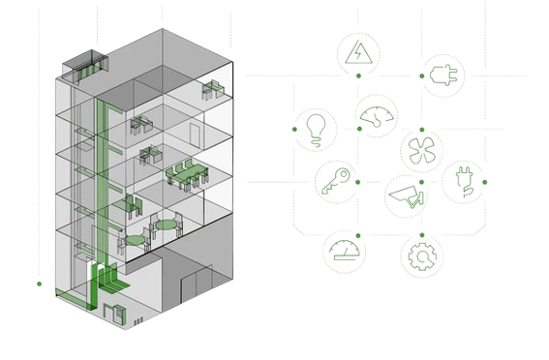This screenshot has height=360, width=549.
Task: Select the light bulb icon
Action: point(314,127)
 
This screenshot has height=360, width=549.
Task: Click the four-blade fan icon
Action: point(421,151)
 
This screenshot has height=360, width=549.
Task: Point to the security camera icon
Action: point(407,195)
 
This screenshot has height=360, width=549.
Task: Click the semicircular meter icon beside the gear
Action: point(345,252)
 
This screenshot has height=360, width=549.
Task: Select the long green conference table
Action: point(188,174)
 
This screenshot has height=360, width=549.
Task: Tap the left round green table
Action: point(132,237)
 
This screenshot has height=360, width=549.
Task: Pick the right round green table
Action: point(168,225)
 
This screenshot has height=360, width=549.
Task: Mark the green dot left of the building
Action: point(39,284)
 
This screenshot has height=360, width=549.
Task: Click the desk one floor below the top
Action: point(141,123)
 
